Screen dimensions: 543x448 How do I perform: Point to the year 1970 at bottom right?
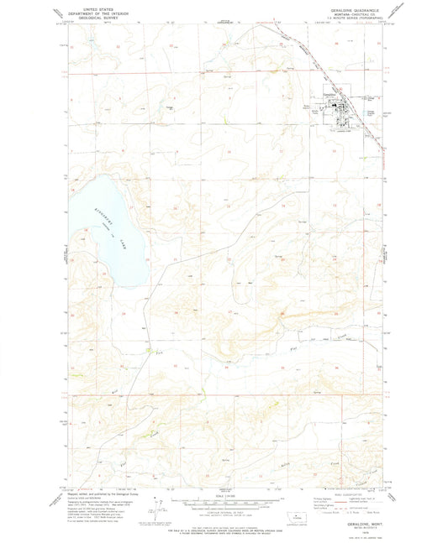click(353, 531)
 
